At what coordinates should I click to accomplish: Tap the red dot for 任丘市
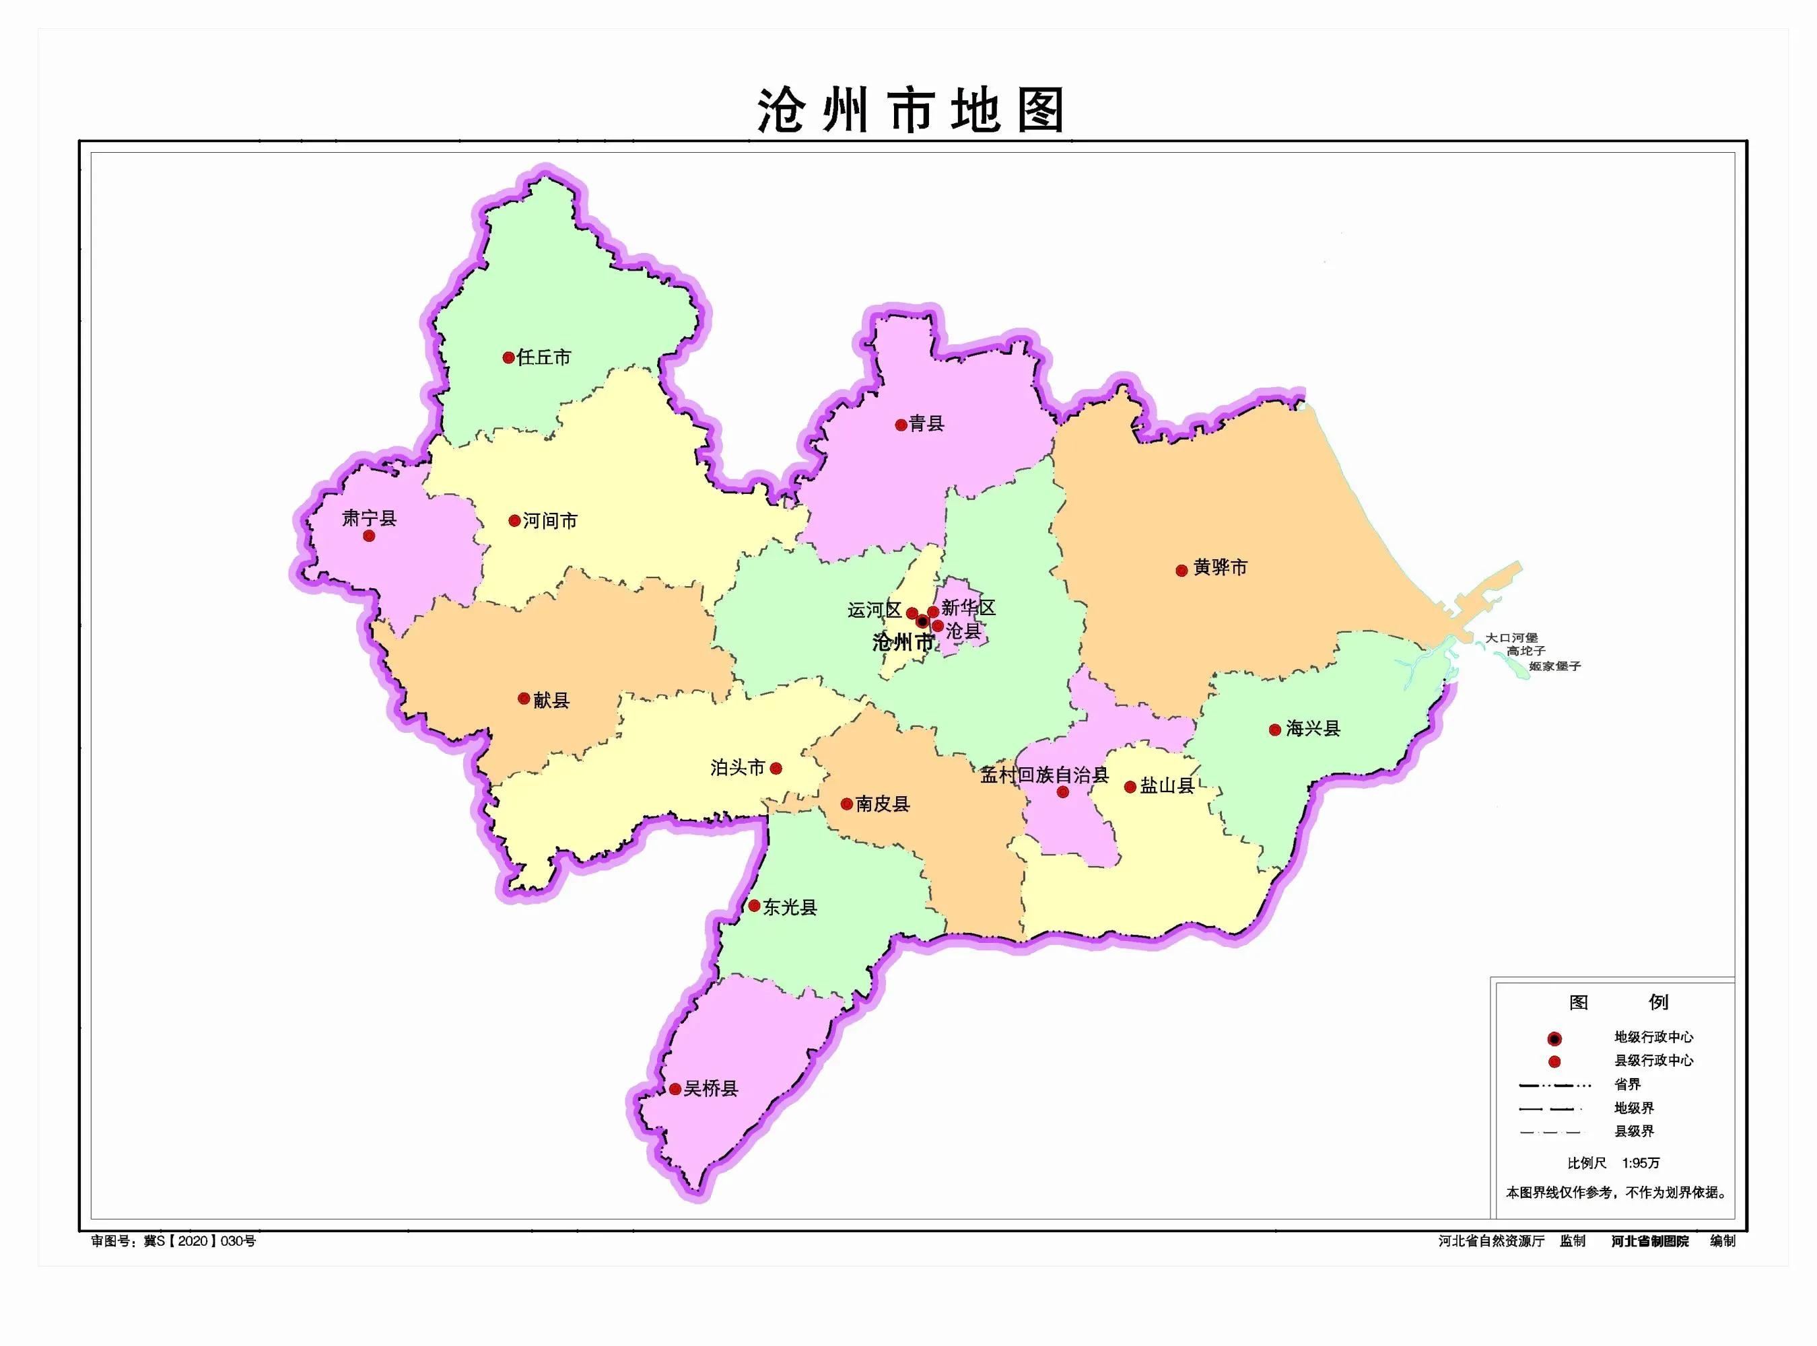[x=508, y=357]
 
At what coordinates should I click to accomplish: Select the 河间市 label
[x=550, y=521]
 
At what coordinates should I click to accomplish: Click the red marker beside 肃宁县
[x=369, y=535]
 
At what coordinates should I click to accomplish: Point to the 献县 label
[x=551, y=699]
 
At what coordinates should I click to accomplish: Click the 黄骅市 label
[x=1220, y=568]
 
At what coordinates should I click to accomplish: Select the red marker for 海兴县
[x=1275, y=730]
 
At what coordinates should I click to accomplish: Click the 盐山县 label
[x=1167, y=786]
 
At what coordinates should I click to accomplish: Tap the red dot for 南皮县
[x=848, y=804]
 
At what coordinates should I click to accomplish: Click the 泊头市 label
[x=737, y=767]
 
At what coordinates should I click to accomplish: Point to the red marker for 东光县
[x=755, y=906]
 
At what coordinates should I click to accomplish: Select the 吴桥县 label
[x=710, y=1088]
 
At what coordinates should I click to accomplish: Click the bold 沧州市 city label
[x=902, y=643]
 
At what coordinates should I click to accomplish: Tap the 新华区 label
[x=968, y=608]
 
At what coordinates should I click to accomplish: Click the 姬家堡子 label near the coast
[x=1554, y=666]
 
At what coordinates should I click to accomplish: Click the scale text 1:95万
[x=1640, y=1163]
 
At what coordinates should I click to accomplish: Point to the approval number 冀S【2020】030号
[x=200, y=1241]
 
